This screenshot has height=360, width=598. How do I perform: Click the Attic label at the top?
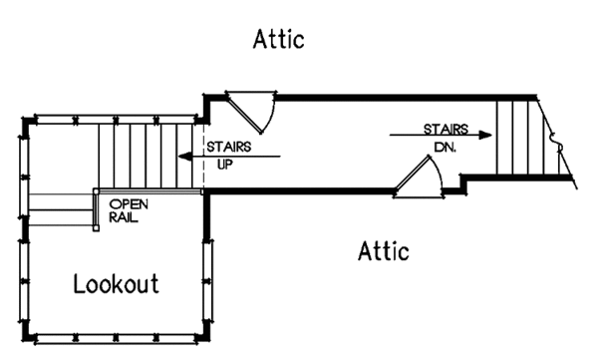point(278,40)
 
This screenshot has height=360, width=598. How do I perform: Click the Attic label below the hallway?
point(384,250)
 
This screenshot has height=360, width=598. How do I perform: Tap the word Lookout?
point(116,284)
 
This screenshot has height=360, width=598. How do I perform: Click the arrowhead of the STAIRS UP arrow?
point(184,156)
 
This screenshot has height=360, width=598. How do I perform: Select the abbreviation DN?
point(445,145)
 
